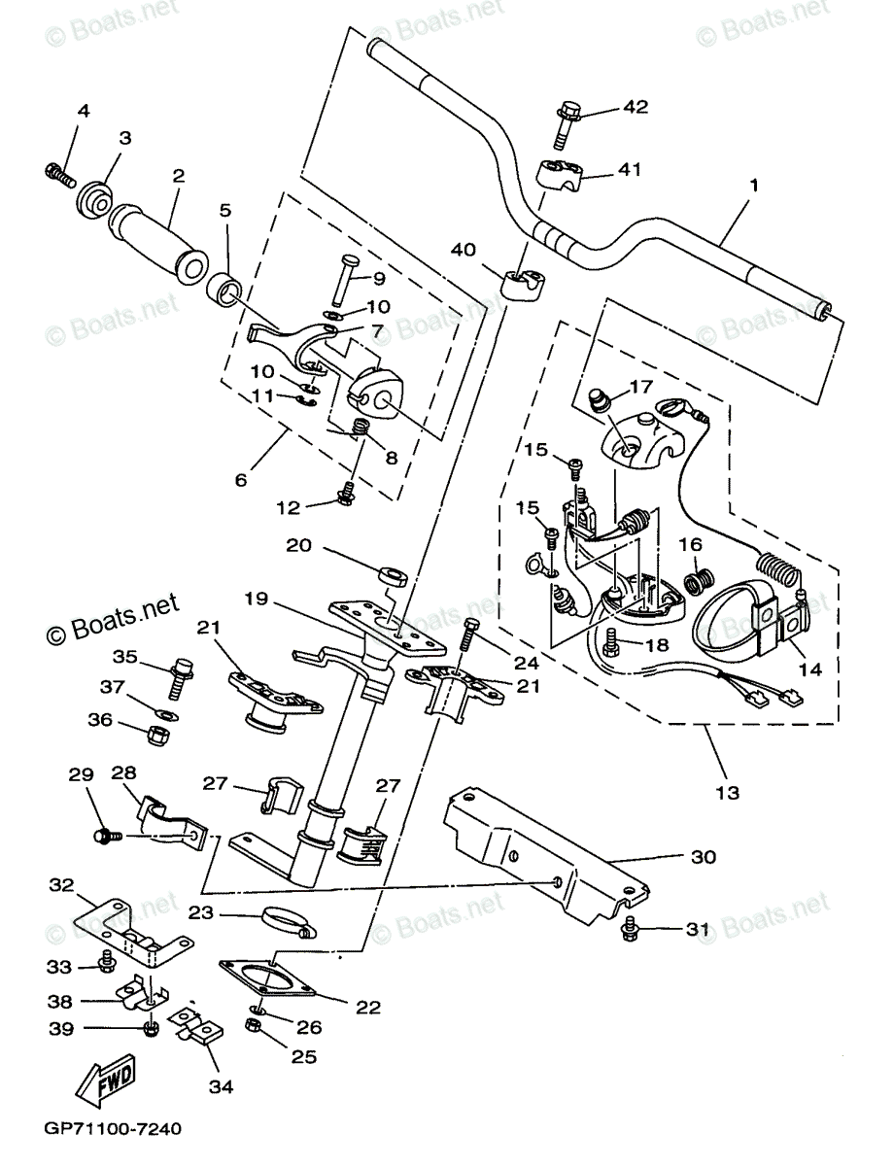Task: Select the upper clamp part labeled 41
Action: click(x=563, y=175)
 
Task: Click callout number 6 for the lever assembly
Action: click(x=241, y=478)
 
